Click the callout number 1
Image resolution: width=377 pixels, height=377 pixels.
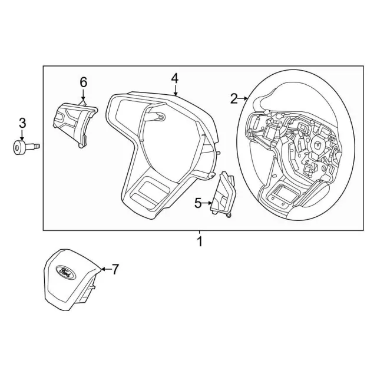199,242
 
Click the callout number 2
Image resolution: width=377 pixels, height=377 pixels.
234,98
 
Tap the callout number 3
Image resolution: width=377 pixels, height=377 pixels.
22,123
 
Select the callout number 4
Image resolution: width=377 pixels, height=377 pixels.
174,78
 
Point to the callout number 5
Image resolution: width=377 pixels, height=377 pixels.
198,203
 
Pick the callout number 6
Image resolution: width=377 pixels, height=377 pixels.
83,82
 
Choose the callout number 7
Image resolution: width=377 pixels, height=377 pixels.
115,269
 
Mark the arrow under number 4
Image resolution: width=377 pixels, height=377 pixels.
175,91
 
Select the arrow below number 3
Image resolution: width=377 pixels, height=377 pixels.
22,135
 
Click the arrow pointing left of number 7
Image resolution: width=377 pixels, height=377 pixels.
104,270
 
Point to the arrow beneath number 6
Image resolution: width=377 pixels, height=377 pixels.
83,95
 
